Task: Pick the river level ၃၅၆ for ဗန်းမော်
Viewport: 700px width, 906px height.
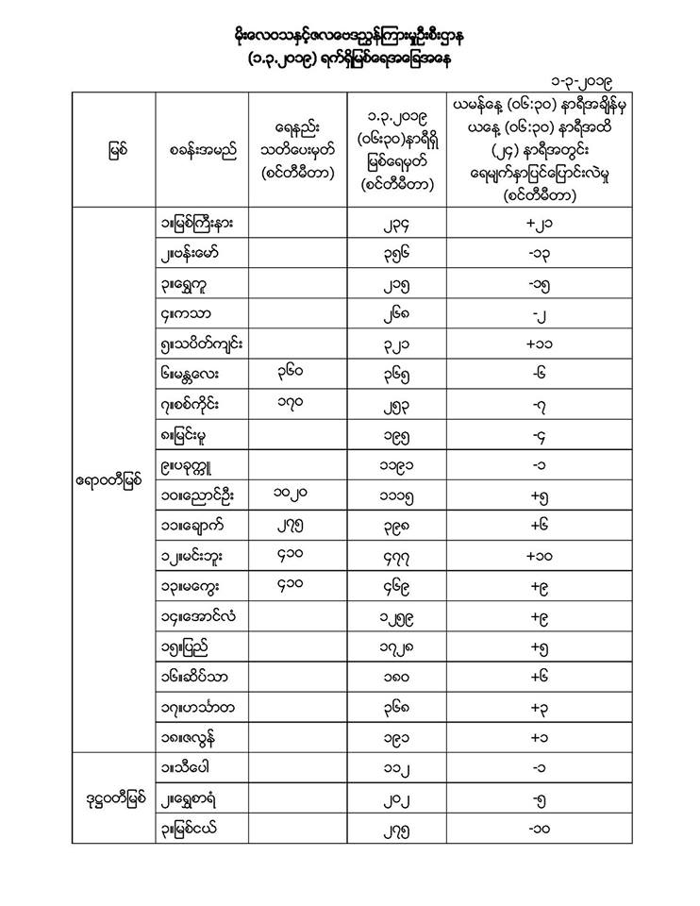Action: click(395, 254)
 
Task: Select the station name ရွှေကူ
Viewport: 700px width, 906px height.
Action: click(192, 283)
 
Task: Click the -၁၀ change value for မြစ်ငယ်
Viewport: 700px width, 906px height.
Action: click(541, 829)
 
